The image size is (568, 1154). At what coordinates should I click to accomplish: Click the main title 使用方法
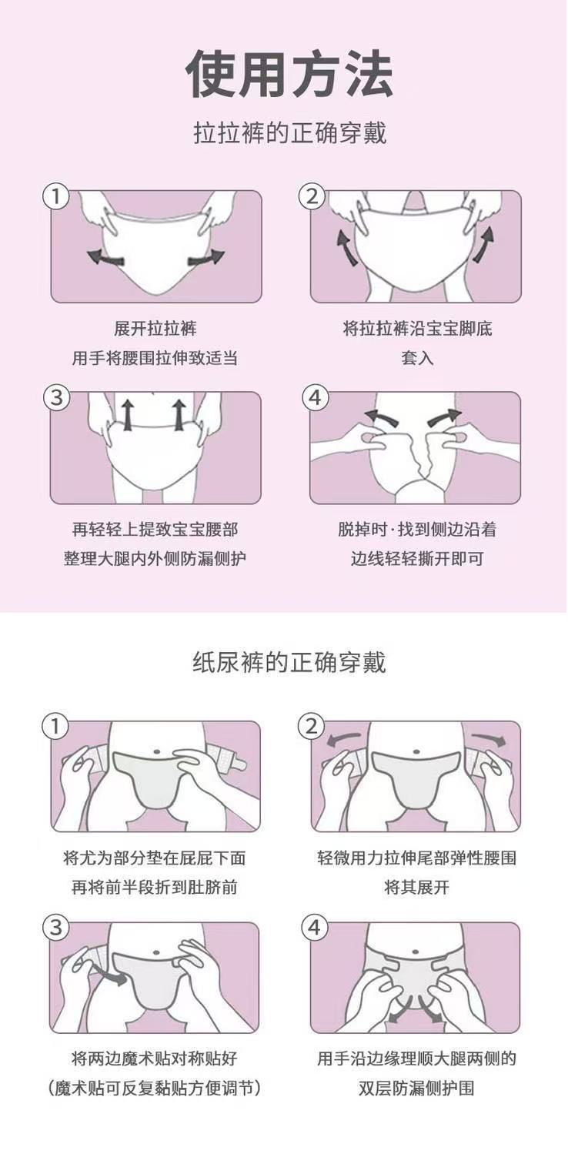click(x=289, y=74)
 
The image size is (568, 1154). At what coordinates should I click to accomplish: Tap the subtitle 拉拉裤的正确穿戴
click(x=290, y=133)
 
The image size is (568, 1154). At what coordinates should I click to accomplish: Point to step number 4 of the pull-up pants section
click(x=315, y=398)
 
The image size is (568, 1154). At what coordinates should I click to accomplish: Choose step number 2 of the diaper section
click(x=312, y=727)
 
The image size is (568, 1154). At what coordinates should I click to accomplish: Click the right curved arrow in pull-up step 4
click(x=444, y=416)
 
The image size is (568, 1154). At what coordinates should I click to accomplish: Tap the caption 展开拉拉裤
click(x=155, y=328)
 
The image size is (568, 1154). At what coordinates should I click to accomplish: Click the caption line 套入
click(x=417, y=357)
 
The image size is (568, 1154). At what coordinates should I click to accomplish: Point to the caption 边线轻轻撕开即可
click(x=417, y=558)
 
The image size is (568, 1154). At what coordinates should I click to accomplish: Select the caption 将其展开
click(x=416, y=887)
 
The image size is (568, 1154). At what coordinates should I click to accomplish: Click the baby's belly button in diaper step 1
click(x=156, y=751)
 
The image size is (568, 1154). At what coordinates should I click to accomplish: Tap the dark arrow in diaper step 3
click(x=109, y=974)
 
